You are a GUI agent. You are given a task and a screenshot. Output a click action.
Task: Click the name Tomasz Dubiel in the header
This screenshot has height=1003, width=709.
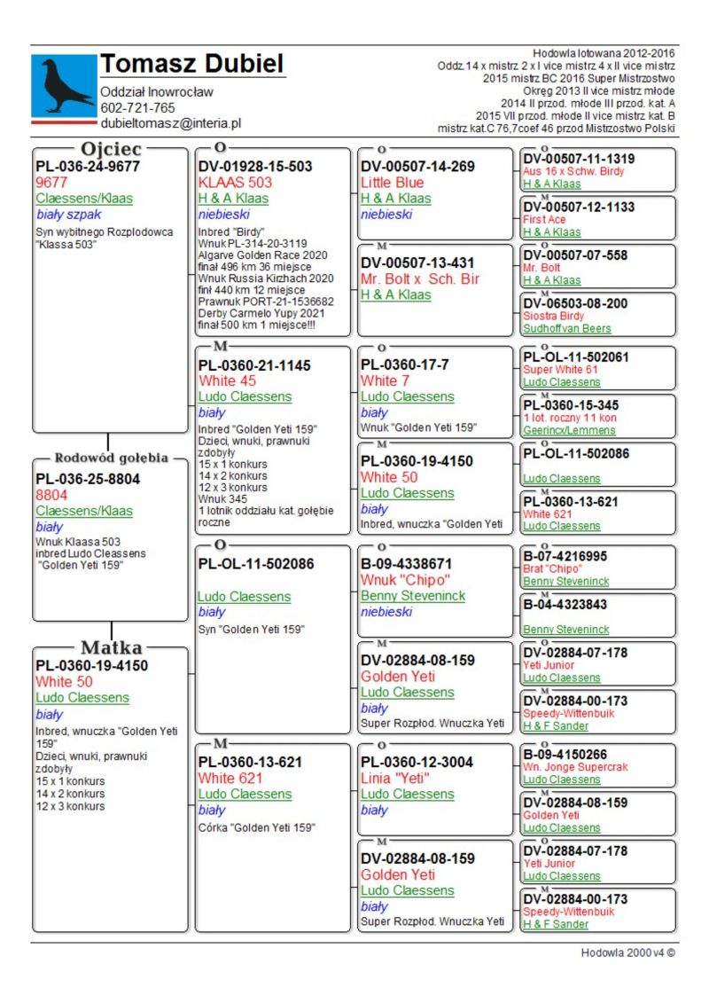point(191,64)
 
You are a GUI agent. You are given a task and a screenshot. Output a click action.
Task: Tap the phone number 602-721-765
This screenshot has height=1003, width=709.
point(137,108)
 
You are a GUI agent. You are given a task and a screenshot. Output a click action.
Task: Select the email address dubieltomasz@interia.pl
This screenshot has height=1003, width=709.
point(170,124)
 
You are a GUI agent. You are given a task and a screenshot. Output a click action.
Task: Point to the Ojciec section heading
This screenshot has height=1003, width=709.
point(112,149)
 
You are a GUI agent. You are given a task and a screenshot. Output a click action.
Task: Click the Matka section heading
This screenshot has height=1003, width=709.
point(111,647)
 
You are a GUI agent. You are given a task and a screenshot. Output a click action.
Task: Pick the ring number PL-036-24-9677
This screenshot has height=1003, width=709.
point(87,166)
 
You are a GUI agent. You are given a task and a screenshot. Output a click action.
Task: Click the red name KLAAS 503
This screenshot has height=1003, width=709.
point(235,182)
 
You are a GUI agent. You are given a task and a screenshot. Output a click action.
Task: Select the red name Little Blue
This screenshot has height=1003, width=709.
point(393,182)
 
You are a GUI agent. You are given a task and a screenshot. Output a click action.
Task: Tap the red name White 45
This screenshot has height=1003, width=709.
point(227,380)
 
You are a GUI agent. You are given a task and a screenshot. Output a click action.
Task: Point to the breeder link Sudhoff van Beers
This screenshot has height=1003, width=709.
point(566,328)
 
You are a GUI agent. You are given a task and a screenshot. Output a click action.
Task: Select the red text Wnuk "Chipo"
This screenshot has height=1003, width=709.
point(398,579)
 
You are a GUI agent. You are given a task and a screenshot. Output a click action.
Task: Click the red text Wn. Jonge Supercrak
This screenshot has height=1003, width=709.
point(573,767)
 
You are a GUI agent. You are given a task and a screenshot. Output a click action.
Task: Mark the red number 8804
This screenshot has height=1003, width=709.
point(51,495)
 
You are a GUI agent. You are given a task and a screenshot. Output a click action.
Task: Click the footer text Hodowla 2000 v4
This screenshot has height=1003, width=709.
point(627,952)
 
